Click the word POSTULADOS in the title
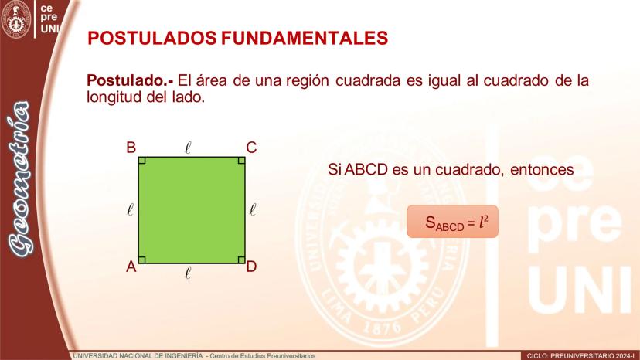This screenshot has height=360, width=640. [151, 39]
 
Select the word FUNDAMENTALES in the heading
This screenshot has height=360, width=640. [305, 39]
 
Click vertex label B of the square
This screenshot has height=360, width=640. [131, 148]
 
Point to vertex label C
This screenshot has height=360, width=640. [251, 148]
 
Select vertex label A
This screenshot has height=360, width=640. [131, 267]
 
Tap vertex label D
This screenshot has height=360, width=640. [251, 267]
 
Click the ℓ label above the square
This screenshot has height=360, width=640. [188, 148]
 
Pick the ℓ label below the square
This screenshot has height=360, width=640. [188, 272]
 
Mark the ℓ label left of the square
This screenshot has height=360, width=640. [130, 210]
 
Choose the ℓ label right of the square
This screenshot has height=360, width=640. [253, 210]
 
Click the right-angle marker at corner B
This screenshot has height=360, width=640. [142, 161]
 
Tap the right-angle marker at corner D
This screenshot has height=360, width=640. [242, 260]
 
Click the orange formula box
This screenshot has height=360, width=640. [453, 221]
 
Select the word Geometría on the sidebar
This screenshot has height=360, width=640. [19, 179]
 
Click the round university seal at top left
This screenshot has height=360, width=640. [16, 19]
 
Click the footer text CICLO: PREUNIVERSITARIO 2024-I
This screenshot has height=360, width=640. [581, 356]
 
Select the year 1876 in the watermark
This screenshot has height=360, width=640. [382, 326]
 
